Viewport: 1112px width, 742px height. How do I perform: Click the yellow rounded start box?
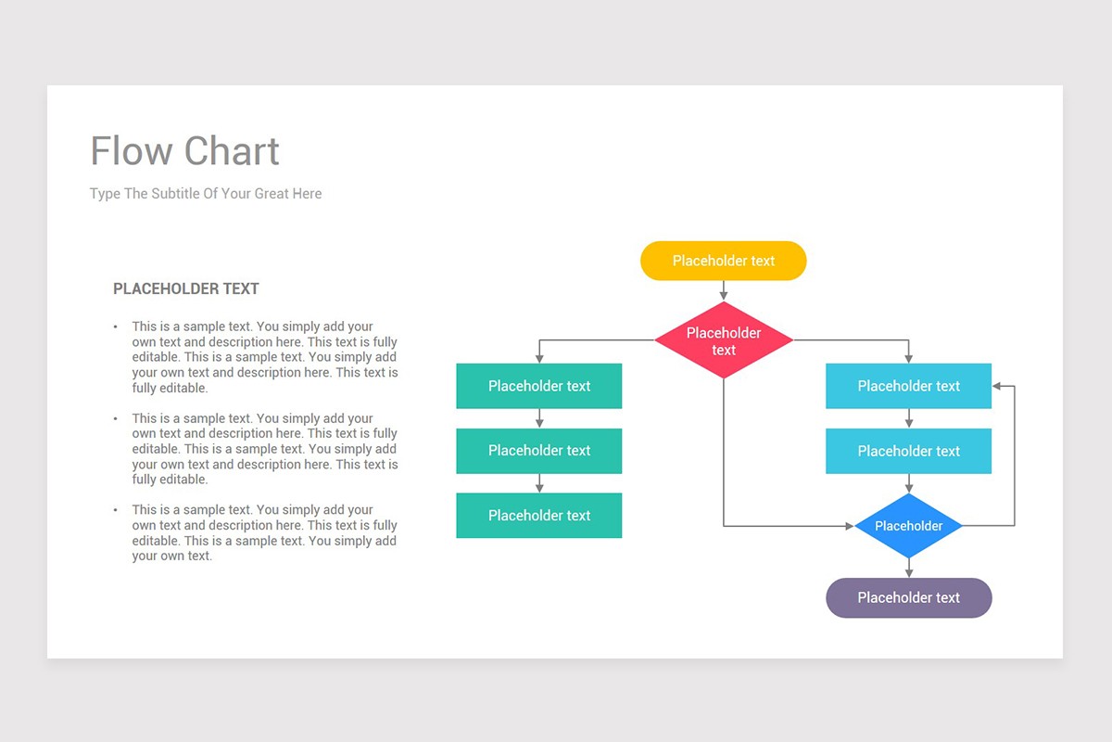click(x=723, y=261)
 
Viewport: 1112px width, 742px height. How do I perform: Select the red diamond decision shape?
click(x=723, y=340)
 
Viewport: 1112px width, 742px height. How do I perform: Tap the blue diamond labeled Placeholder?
click(x=908, y=526)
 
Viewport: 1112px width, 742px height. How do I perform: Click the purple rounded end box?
click(x=908, y=598)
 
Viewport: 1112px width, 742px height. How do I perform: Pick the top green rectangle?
click(x=538, y=386)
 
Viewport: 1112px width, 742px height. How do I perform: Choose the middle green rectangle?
click(x=538, y=451)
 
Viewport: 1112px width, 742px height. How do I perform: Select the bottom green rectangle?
click(x=538, y=516)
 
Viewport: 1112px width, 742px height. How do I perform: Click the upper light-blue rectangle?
click(x=908, y=386)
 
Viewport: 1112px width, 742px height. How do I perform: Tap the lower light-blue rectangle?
click(x=908, y=451)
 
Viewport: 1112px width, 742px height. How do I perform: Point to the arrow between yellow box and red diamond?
click(x=724, y=290)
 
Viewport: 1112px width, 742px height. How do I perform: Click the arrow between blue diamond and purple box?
click(x=909, y=569)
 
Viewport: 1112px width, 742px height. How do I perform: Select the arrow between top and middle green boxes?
click(x=539, y=418)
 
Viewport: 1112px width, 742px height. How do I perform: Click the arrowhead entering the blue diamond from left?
click(x=849, y=526)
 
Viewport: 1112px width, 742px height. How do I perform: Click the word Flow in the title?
click(x=131, y=151)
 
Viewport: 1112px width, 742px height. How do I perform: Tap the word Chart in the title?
click(x=232, y=151)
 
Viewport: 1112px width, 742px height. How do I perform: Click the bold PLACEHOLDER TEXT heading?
click(x=185, y=288)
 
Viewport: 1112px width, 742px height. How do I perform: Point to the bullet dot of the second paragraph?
click(x=116, y=418)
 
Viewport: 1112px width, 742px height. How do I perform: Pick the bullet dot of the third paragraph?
click(x=116, y=510)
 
